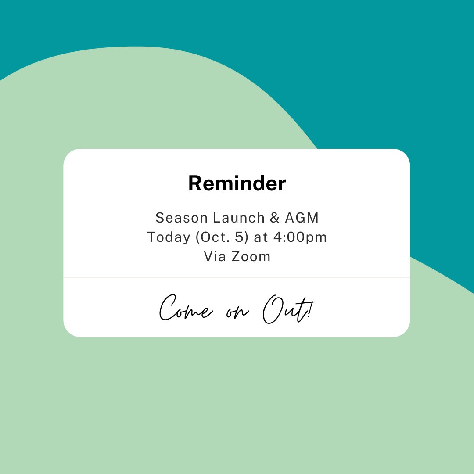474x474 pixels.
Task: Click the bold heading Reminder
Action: pyautogui.click(x=237, y=183)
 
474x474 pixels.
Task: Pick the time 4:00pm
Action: pyautogui.click(x=302, y=237)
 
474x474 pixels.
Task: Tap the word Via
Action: pyautogui.click(x=214, y=256)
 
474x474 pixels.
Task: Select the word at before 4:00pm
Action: pyautogui.click(x=260, y=237)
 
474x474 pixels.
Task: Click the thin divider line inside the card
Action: pyautogui.click(x=237, y=277)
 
